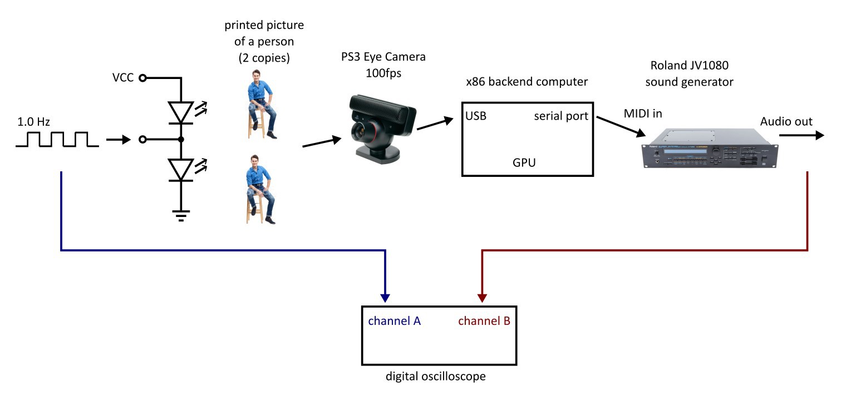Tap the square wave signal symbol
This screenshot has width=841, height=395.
[57, 140]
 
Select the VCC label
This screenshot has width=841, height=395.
[122, 78]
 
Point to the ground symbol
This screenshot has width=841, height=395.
[181, 215]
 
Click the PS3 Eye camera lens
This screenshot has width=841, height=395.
[359, 133]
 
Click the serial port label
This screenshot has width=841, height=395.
[561, 116]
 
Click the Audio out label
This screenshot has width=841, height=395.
[786, 122]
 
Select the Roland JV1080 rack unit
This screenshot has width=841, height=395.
[710, 148]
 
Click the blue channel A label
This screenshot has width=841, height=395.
[394, 321]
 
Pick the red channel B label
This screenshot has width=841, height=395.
[484, 321]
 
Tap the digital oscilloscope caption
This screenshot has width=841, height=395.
[436, 377]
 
